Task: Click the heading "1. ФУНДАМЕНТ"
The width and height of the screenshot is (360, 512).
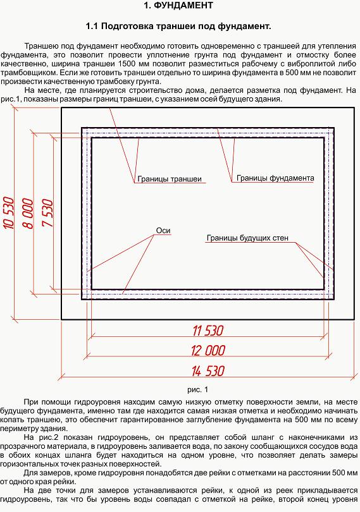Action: click(178, 6)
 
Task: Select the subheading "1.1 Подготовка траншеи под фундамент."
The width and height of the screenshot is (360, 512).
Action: click(178, 26)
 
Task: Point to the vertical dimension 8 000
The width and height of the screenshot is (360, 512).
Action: click(28, 213)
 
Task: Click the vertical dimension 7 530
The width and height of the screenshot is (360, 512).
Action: click(47, 213)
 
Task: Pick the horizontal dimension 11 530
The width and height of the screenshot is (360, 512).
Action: click(208, 331)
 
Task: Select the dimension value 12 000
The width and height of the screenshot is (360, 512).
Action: click(208, 351)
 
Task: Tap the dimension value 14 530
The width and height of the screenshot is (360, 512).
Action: click(208, 371)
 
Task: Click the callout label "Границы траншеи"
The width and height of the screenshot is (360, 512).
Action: click(170, 179)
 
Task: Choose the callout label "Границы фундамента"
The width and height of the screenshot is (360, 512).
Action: click(275, 178)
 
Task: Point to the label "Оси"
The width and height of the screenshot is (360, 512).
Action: click(163, 231)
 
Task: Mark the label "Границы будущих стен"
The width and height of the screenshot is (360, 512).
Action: click(247, 238)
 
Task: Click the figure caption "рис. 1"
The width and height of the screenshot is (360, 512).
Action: click(197, 389)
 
